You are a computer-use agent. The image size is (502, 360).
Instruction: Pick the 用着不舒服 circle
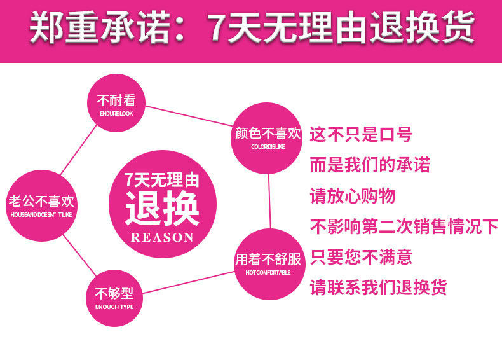[x=268, y=264]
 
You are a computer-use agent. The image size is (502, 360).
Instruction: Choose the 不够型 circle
[x=114, y=298]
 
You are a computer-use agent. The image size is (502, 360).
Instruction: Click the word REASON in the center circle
[x=161, y=237]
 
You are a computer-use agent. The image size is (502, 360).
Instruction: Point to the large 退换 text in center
[x=161, y=207]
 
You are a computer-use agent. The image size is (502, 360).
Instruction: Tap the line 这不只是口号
[x=360, y=135]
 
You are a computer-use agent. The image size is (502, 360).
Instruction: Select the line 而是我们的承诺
[x=370, y=165]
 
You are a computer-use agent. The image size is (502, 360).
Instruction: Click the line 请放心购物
[x=352, y=195]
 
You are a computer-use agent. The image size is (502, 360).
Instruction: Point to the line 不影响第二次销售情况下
[x=404, y=226]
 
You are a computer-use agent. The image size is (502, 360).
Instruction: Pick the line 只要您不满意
[x=360, y=257]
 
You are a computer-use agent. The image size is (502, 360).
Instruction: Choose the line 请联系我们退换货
[x=378, y=287]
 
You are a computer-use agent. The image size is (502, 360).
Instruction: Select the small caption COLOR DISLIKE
[x=268, y=147]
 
